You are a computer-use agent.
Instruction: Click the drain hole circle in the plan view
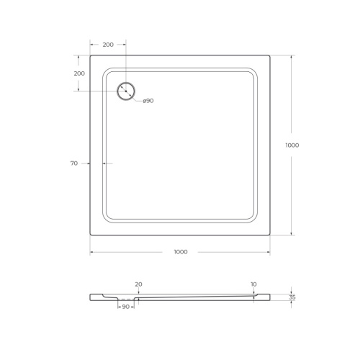click(126, 91)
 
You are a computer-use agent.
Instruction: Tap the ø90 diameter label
click(148, 100)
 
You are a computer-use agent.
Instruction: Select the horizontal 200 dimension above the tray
click(108, 45)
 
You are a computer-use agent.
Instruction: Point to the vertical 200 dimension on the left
click(79, 73)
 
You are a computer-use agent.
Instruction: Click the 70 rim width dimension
click(73, 163)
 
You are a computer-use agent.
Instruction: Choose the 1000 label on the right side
click(292, 145)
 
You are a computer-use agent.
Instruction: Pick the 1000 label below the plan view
click(180, 251)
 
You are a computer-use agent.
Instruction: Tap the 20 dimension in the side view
click(138, 284)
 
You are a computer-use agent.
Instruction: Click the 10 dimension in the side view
click(254, 284)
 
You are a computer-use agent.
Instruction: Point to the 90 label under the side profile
click(125, 307)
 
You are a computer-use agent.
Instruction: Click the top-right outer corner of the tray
click(270, 55)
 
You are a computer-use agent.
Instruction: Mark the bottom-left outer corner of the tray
click(90, 235)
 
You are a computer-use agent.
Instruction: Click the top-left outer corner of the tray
click(90, 55)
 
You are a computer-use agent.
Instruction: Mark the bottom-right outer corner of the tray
click(270, 235)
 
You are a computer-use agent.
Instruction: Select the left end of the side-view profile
click(91, 297)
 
